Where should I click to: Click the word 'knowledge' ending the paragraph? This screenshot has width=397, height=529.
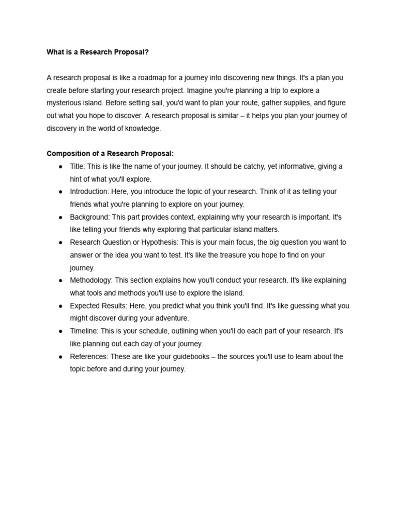pyautogui.click(x=143, y=128)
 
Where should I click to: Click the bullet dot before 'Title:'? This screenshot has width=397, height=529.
pyautogui.click(x=60, y=166)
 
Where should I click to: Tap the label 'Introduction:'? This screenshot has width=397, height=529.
pyautogui.click(x=89, y=192)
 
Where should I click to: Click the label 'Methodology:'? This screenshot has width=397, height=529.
pyautogui.click(x=91, y=281)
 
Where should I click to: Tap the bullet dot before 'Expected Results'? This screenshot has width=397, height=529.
pyautogui.click(x=60, y=306)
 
